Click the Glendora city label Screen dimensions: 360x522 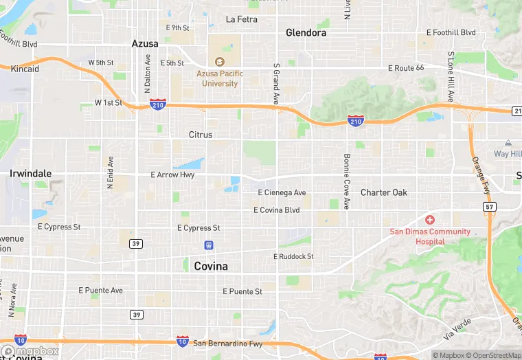click(306, 32)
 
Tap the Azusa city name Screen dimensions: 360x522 click(145, 43)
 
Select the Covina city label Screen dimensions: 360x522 click(211, 266)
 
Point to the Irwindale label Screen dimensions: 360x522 click(31, 174)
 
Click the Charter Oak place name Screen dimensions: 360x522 click(384, 192)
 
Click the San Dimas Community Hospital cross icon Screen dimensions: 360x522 click(430, 220)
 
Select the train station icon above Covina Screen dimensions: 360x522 click(208, 245)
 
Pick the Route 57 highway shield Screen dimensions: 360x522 click(489, 206)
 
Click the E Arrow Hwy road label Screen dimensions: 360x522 click(173, 175)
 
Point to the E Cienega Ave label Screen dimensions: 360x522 click(282, 193)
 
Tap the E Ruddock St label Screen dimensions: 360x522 click(293, 256)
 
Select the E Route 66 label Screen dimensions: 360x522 click(406, 68)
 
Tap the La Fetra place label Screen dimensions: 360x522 click(242, 19)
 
